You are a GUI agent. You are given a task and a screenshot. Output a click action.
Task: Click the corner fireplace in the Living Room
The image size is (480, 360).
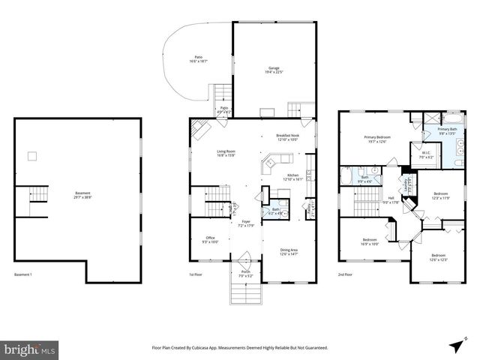pyautogui.click(x=199, y=131)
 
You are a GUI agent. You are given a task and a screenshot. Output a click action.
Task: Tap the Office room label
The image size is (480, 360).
pyautogui.click(x=210, y=239)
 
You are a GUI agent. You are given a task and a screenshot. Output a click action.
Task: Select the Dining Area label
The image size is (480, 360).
pyautogui.click(x=289, y=251)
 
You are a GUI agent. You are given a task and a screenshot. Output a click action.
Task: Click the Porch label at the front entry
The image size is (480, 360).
pyautogui.click(x=245, y=274)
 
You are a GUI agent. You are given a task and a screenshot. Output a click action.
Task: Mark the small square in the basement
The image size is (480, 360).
pyautogui.click(x=32, y=156)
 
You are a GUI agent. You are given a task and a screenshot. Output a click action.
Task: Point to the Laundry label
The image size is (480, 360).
pyautogui.click(x=406, y=184)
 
